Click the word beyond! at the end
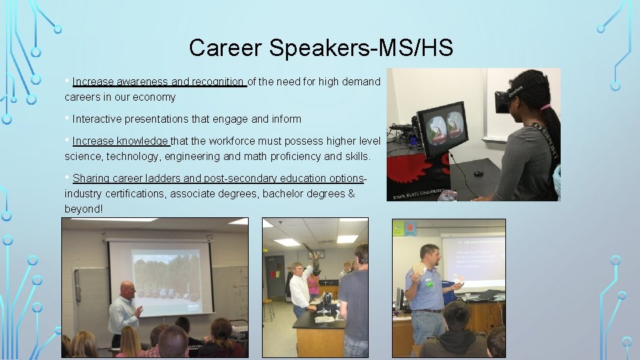[x=83, y=209]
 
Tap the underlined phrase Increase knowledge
[x=121, y=141]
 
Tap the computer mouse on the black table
[x=479, y=173]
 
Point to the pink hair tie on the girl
[x=546, y=107]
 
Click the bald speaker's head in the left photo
[x=127, y=289]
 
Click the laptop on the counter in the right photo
[x=486, y=295]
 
